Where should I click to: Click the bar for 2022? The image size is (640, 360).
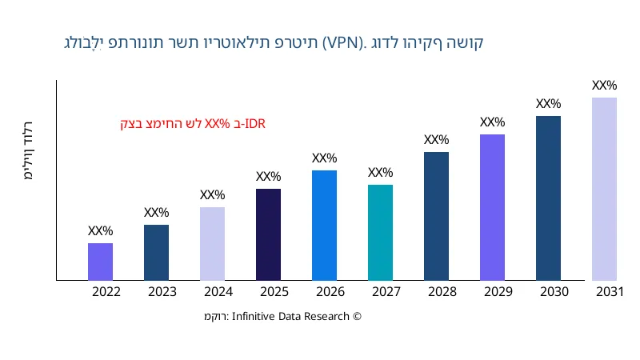(x=100, y=262)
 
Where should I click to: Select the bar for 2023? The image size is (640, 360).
(x=156, y=253)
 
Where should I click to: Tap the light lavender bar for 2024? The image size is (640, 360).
(x=212, y=244)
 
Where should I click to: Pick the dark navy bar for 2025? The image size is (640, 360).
(x=268, y=234)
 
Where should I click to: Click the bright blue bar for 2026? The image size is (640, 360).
(x=324, y=226)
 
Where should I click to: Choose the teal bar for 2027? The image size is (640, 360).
(x=380, y=233)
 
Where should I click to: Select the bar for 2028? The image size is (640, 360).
(x=436, y=216)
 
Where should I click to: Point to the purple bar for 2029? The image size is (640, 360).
(x=492, y=207)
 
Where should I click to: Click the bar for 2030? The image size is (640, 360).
(x=548, y=198)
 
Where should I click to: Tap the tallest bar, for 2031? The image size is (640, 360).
(x=604, y=189)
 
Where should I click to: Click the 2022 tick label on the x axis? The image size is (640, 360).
(x=106, y=292)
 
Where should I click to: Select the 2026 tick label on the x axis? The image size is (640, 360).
(x=330, y=292)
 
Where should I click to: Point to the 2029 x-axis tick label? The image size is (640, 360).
(x=498, y=292)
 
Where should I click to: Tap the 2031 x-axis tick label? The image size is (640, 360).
(x=610, y=292)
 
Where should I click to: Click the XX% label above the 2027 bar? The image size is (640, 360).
(x=380, y=173)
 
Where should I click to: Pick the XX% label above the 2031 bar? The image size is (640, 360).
(x=604, y=86)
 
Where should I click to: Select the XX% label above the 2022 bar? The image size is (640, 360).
(x=100, y=231)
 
